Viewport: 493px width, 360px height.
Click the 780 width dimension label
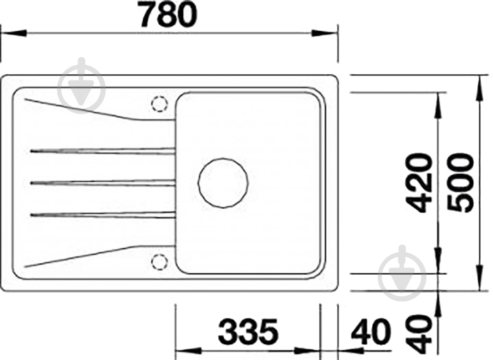pyautogui.click(x=168, y=14)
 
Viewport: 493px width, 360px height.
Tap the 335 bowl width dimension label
pyautogui.click(x=249, y=332)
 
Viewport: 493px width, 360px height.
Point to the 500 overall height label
pyautogui.click(x=460, y=182)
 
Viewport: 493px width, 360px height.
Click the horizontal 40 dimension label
pyautogui.click(x=371, y=332)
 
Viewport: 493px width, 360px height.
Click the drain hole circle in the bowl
pyautogui.click(x=223, y=183)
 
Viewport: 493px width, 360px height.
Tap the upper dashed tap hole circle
pyautogui.click(x=159, y=104)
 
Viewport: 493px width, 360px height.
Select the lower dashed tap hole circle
pyautogui.click(x=159, y=262)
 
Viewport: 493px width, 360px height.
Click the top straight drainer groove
pyautogui.click(x=102, y=150)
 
